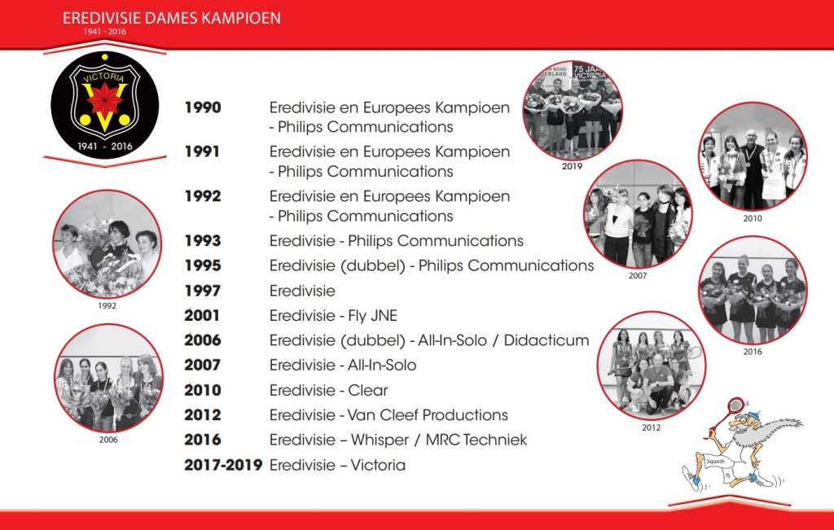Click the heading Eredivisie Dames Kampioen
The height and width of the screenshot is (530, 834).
point(171,18)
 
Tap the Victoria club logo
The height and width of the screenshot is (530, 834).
point(105,105)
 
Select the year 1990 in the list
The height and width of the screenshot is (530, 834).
point(203,107)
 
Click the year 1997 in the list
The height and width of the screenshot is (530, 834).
point(203,291)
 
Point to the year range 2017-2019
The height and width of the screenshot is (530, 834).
point(223,465)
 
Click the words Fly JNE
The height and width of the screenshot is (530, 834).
point(372,316)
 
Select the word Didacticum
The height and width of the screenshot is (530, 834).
point(546,340)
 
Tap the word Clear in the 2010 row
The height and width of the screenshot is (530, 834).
point(367,390)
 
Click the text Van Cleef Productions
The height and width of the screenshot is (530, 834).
point(427,415)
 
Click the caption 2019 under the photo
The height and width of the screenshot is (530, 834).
point(572,166)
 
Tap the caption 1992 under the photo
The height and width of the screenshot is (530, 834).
point(107,305)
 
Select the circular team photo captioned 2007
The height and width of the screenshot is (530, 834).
point(638,214)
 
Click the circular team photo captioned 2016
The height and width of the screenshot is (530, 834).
point(753,291)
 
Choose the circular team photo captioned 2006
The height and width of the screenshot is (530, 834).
point(108,378)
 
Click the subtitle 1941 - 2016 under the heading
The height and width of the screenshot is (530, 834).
point(105,32)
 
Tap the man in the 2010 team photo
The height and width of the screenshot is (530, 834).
point(751,168)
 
